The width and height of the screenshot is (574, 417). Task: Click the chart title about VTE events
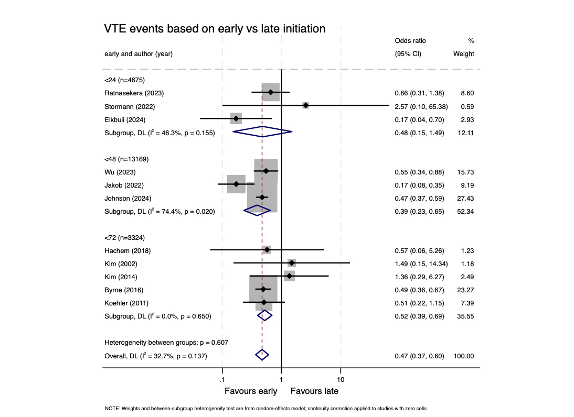pyautogui.click(x=215, y=29)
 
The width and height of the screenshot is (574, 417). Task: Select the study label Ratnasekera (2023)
pyautogui.click(x=134, y=93)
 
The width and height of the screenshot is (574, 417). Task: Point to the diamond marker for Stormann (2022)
pyautogui.click(x=306, y=106)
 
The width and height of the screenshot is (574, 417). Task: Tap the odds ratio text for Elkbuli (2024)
pyautogui.click(x=419, y=119)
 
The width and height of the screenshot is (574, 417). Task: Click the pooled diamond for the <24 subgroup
pyautogui.click(x=262, y=132)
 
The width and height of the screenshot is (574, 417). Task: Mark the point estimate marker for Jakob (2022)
pyautogui.click(x=236, y=184)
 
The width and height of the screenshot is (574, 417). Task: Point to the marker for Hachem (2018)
pyautogui.click(x=267, y=250)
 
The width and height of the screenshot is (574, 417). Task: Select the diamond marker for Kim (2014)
pyautogui.click(x=289, y=276)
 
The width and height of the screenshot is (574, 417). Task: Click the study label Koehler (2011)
pyautogui.click(x=126, y=303)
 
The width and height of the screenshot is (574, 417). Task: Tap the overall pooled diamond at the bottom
pyautogui.click(x=262, y=355)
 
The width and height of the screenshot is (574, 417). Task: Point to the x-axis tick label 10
pyautogui.click(x=341, y=379)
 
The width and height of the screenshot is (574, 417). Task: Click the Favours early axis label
pyautogui.click(x=251, y=391)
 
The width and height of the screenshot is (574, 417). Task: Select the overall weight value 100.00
pyautogui.click(x=463, y=356)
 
